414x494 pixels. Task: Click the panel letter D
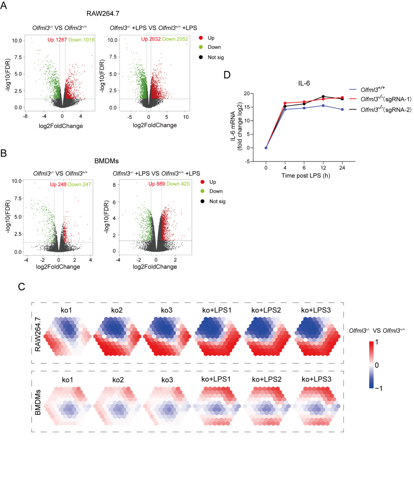coord(227,75)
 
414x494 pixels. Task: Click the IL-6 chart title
coord(304,84)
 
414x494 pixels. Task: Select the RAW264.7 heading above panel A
coord(103,14)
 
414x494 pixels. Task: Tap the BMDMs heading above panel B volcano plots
coord(106,161)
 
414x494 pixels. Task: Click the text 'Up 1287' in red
coord(57,40)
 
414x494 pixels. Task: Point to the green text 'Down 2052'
coord(175,39)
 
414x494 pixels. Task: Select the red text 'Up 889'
coord(157,184)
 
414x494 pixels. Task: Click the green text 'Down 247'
coord(79,184)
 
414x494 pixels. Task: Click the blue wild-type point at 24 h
coord(342,110)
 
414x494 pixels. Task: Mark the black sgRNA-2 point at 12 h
coord(323,97)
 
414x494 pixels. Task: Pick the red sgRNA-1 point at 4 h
coord(285,103)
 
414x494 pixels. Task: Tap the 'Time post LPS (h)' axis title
coord(306,176)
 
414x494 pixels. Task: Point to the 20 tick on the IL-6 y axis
coord(247,93)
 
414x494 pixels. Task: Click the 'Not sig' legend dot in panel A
coord(201,57)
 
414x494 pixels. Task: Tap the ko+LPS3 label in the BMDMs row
coord(316,379)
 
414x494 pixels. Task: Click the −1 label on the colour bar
coord(378,388)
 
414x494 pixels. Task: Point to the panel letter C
coord(22,287)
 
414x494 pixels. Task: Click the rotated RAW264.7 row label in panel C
coord(38,334)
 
